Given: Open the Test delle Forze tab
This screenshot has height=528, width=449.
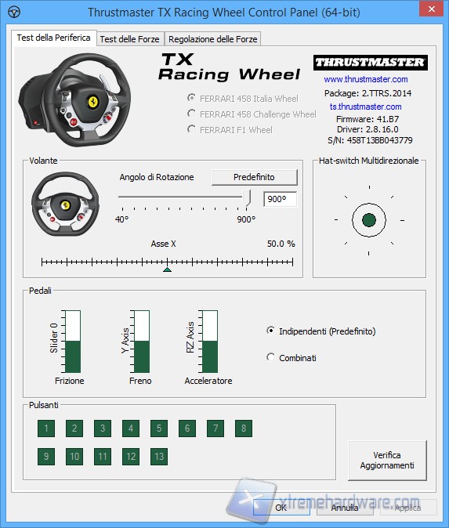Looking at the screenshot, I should pos(130,39).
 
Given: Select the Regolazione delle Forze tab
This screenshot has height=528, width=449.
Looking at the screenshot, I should pos(212,39).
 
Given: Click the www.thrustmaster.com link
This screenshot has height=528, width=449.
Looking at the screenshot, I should pos(365,79).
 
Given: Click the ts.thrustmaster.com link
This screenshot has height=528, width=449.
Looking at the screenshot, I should pos(365,107).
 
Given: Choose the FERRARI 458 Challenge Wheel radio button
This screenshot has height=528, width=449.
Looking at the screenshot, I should pos(192,114).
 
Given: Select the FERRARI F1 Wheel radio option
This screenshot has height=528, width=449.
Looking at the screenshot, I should pos(192,129).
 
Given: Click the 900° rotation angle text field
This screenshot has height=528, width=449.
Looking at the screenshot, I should pos(280,199).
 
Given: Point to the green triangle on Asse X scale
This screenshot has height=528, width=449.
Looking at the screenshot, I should pos(167,269).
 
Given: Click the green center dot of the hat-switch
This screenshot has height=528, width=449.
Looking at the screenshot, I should pos(369,219).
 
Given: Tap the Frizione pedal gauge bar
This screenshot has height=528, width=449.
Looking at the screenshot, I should pos(72,341).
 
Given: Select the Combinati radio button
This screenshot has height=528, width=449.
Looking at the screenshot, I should pos(271,357).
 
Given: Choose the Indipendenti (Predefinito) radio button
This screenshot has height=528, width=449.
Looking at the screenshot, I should pos(271,331).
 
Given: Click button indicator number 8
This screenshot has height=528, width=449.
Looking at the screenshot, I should pos(244,429).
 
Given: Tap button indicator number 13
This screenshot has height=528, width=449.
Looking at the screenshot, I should pos(159,456).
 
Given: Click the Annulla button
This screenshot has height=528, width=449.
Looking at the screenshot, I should pos(344,508).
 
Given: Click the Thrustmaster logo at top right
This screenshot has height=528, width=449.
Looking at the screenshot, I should pos(369,62).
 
